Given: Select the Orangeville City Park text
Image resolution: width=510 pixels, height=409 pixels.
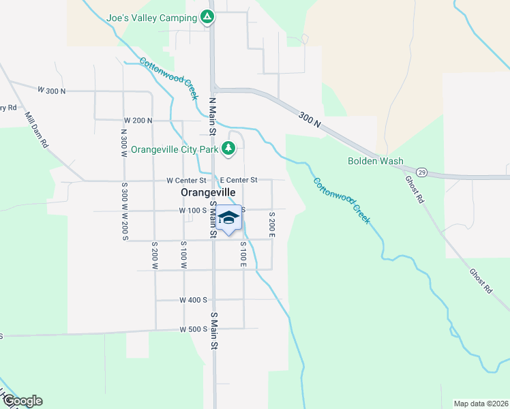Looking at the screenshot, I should (175, 149).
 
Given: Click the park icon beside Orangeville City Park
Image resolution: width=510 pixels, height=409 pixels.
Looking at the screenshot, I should (230, 148).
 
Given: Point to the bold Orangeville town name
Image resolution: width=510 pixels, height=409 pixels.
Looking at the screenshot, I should (208, 193).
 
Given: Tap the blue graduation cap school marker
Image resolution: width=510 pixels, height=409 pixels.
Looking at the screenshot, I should (229, 219).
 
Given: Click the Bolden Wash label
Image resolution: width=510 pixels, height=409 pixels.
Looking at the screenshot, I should (375, 162).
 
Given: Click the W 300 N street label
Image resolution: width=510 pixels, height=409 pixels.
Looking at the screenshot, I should (52, 91).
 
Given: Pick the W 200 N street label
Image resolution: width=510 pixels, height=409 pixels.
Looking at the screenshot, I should (138, 121).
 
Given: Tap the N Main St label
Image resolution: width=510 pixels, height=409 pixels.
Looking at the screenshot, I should (211, 116).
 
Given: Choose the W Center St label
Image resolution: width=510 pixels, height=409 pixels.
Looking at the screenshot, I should (186, 181).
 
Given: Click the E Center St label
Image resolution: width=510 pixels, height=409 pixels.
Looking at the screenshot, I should (238, 181).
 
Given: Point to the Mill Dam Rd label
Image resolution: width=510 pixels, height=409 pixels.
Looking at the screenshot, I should (34, 130).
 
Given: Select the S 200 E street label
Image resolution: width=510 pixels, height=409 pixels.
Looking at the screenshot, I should (271, 224).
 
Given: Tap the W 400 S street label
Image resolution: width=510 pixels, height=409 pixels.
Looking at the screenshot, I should (193, 300).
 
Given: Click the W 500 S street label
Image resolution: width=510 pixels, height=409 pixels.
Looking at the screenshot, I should (193, 329).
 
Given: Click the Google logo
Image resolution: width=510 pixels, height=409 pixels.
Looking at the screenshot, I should (22, 401).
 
